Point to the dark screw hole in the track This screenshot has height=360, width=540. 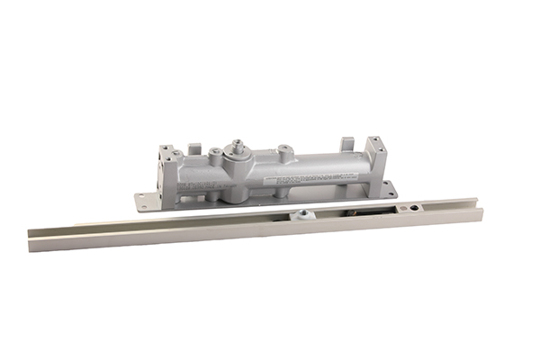point(413,208)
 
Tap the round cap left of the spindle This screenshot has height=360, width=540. point(216,154)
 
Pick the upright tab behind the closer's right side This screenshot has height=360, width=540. point(346,144)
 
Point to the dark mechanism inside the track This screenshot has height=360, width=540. point(355,211)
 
